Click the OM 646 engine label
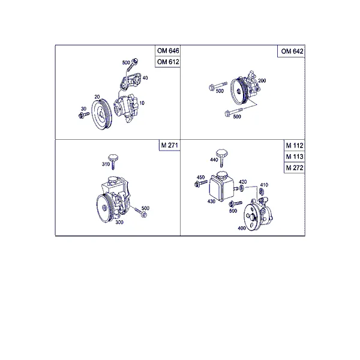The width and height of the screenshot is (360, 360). (x=168, y=51)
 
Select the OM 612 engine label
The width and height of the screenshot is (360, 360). (x=168, y=62)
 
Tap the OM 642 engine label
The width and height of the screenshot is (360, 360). (x=292, y=51)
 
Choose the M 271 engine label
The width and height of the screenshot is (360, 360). (x=169, y=145)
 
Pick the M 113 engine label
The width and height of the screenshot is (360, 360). (x=295, y=157)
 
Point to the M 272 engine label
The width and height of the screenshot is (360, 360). (x=295, y=168)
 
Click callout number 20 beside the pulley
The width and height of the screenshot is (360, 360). (x=97, y=97)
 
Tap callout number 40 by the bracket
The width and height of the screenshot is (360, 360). (x=145, y=78)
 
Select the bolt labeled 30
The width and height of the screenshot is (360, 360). (x=84, y=115)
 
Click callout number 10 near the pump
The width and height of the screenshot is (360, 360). (x=142, y=103)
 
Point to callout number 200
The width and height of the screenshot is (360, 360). (x=262, y=80)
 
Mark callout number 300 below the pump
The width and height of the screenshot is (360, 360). (x=119, y=222)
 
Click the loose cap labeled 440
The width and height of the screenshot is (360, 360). (x=221, y=157)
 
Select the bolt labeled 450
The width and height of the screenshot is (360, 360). (x=200, y=184)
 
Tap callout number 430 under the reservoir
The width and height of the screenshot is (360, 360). (x=211, y=202)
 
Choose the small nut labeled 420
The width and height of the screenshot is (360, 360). (x=242, y=188)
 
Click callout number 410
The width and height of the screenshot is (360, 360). (x=264, y=185)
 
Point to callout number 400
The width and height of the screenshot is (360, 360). (x=242, y=228)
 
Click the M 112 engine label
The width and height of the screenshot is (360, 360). (x=295, y=146)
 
